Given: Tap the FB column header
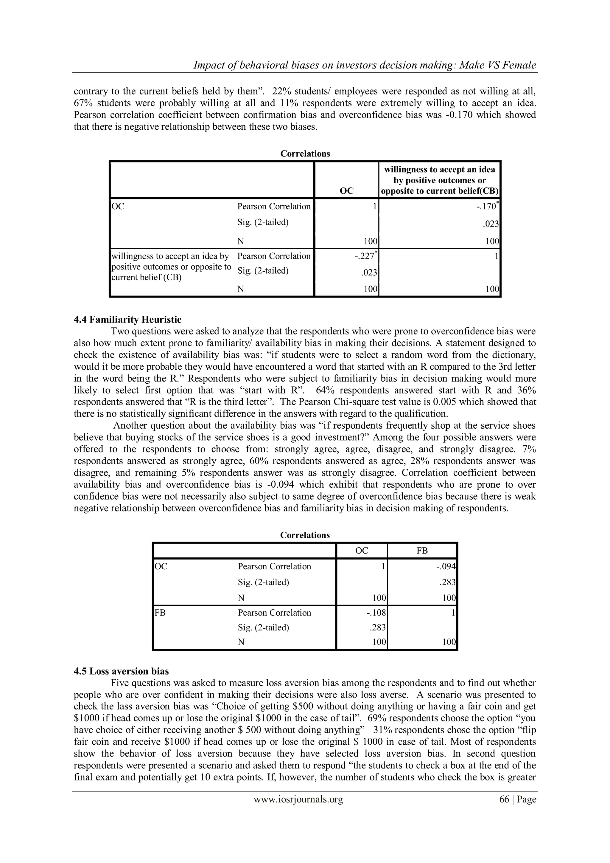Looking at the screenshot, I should (x=422, y=551).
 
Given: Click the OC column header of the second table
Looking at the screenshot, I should (x=361, y=551).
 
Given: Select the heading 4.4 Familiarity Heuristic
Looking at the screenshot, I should (x=127, y=320).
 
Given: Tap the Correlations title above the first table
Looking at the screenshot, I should (x=305, y=154).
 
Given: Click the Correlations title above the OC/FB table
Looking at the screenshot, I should (x=305, y=535).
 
